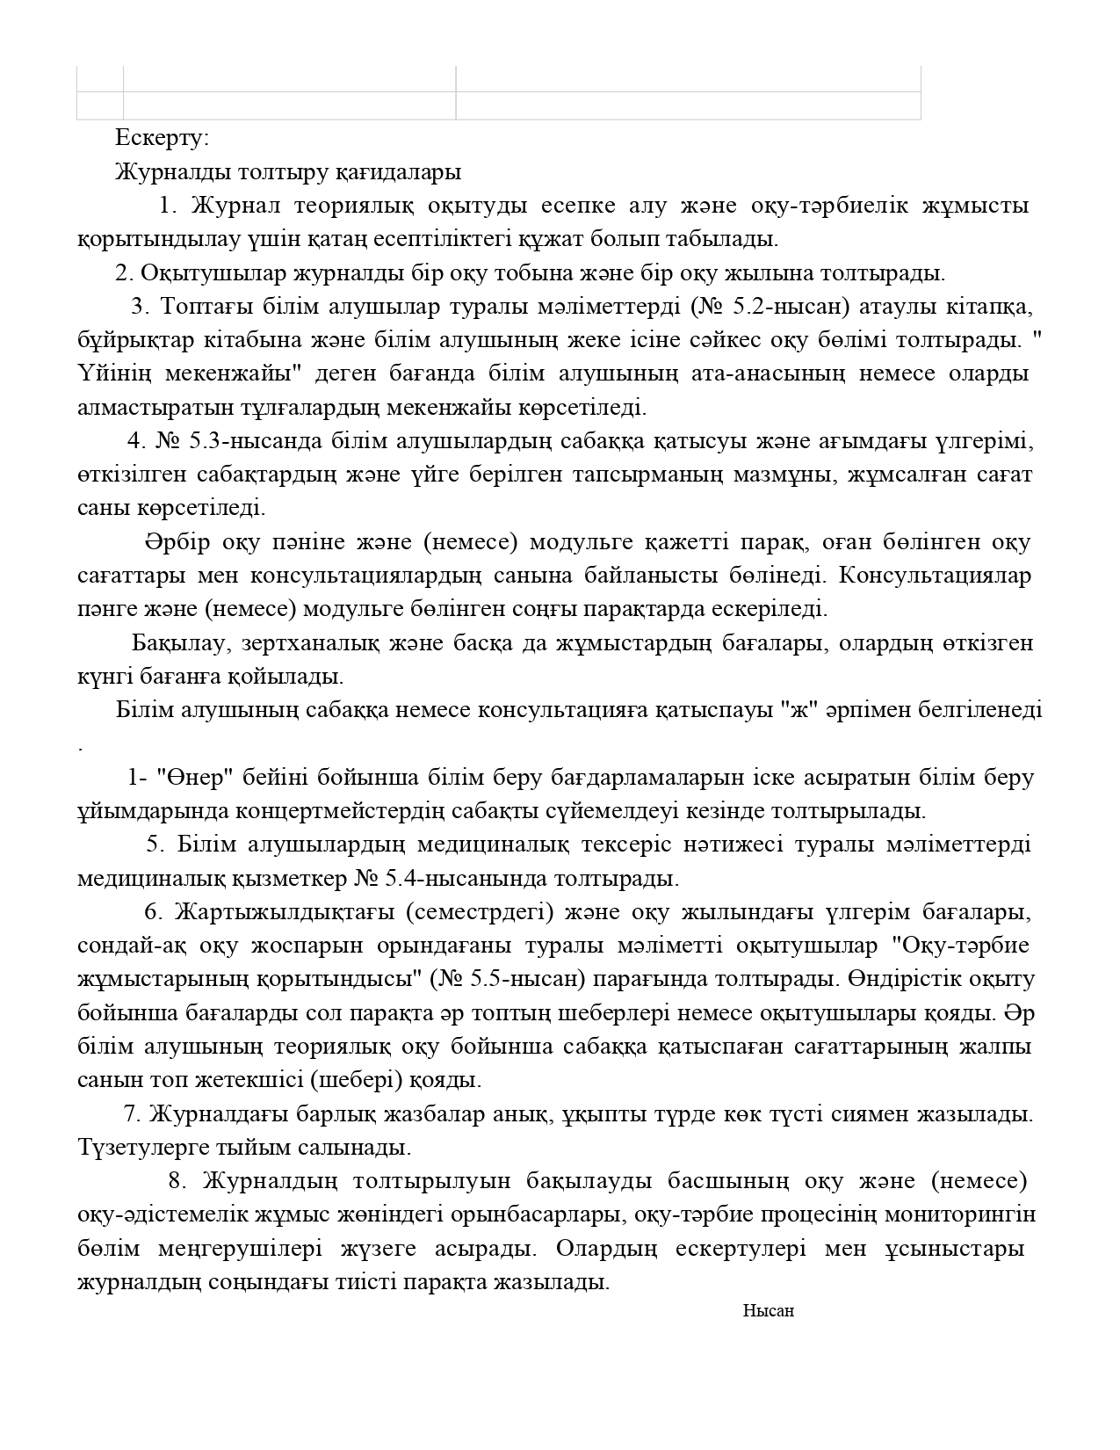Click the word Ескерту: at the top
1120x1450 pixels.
point(162,138)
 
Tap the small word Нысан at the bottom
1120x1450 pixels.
point(768,1311)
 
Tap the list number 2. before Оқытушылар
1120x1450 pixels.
point(124,273)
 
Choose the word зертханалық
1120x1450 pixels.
point(307,643)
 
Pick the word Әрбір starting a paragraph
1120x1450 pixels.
point(177,542)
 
